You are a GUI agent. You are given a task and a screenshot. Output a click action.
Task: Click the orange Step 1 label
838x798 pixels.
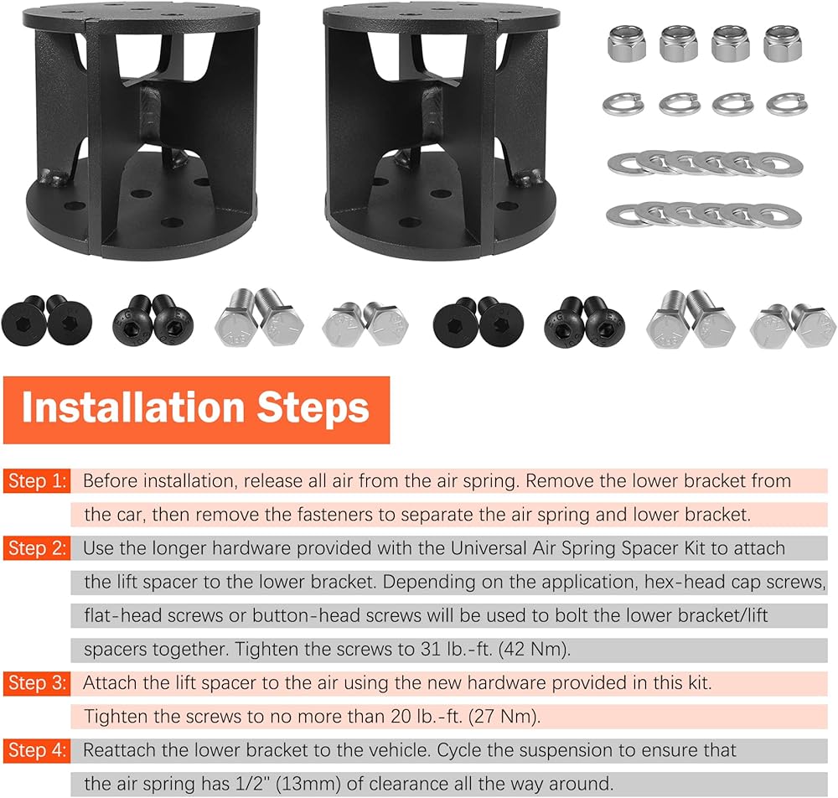pyautogui.click(x=37, y=481)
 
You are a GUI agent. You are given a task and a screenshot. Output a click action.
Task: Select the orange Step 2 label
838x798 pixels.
pyautogui.click(x=37, y=548)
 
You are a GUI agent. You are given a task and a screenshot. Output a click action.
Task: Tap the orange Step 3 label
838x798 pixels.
pyautogui.click(x=37, y=683)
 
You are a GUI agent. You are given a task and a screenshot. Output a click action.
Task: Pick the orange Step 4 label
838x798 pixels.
pyautogui.click(x=37, y=750)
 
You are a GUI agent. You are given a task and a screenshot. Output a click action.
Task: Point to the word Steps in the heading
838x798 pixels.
pyautogui.click(x=313, y=409)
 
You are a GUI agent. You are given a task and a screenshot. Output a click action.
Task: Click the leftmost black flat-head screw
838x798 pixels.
pyautogui.click(x=23, y=321)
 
